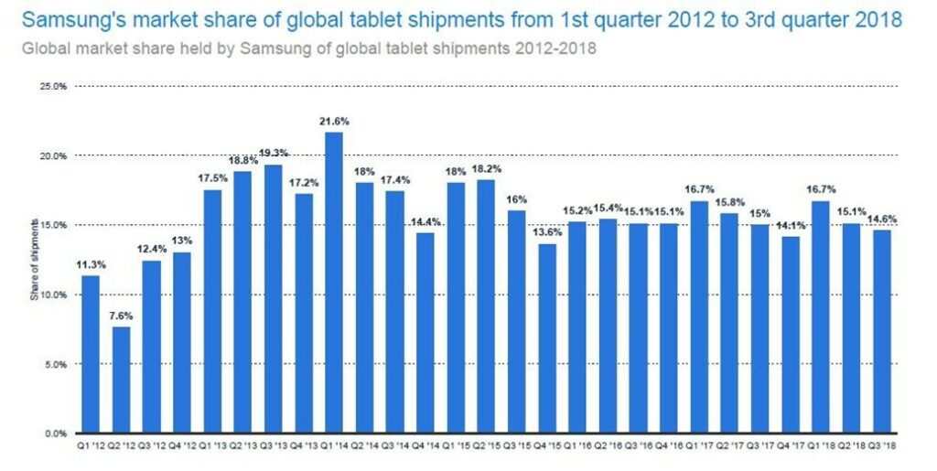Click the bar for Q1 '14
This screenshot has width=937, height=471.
click(334, 283)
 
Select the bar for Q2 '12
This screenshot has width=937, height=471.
click(121, 380)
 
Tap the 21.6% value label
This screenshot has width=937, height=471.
click(334, 121)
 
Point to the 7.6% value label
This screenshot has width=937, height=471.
click(121, 316)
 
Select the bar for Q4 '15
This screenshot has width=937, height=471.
click(547, 338)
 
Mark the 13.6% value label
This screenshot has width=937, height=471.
click(547, 232)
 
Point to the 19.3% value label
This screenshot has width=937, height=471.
click(273, 154)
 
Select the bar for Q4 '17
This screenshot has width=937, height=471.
click(791, 335)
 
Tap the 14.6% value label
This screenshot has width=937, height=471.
click(882, 219)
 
